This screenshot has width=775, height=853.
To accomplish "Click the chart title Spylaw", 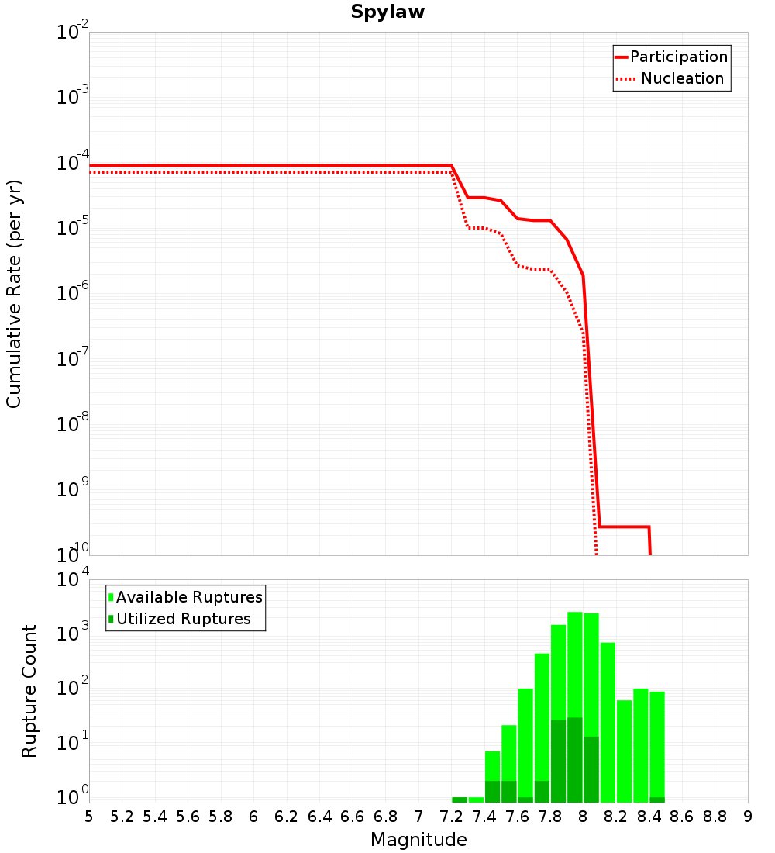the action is point(387,12).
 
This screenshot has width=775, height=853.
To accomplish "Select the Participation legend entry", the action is point(671,57).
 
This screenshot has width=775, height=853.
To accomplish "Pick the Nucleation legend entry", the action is point(670,78).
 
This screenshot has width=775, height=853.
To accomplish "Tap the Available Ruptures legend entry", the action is point(185,597).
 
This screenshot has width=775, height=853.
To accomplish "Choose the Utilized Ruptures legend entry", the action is point(180,619).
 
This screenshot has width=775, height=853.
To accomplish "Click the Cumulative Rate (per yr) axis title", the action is point(14,294).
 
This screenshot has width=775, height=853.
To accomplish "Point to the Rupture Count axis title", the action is point(29,691).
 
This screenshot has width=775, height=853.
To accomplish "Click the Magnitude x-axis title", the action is point(418,840).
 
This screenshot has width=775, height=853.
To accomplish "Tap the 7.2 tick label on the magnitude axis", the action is point(451,817).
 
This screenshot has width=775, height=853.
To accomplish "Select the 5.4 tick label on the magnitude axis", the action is point(155,817).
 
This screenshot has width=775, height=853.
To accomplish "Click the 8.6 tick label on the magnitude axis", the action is point(682,817).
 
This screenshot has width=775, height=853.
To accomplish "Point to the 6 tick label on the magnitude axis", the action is point(253,817).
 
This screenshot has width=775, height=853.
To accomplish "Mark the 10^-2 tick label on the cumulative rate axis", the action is point(72,31).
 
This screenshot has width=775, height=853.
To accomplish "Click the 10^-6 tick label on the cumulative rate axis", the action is point(72,292).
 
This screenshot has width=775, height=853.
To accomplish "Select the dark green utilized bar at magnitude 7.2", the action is point(460,799).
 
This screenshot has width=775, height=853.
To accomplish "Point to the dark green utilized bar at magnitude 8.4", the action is point(657,799).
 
